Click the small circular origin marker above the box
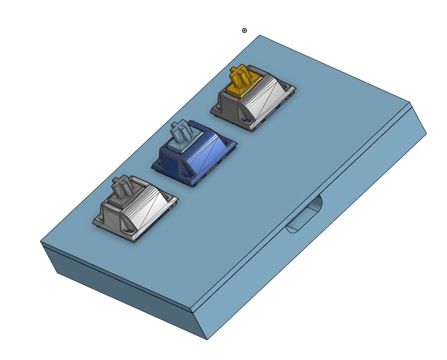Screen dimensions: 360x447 pyautogui.click(x=244, y=31)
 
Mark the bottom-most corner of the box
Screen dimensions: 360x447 pyautogui.click(x=207, y=339)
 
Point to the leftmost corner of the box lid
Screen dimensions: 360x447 pyautogui.click(x=41, y=241)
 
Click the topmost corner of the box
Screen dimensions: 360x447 pyautogui.click(x=260, y=35)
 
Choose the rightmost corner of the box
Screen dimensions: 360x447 pyautogui.click(x=426, y=134)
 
